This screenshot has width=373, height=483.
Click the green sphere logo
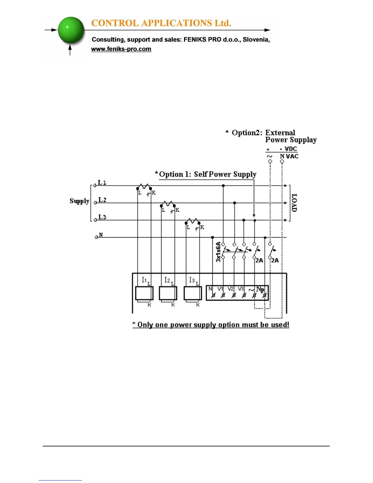tap(71, 30)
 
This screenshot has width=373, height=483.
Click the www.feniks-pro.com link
tap(121, 49)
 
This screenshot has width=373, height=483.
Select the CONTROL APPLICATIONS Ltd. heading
tap(161, 23)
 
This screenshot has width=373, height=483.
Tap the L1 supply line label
tap(102, 183)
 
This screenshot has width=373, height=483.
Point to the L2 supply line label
tap(102, 200)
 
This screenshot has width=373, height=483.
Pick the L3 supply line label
tap(102, 217)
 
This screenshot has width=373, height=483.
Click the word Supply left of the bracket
tap(79, 201)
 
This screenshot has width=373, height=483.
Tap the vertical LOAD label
tap(294, 203)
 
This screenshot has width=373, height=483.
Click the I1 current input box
tap(144, 293)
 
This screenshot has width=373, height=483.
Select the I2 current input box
tap(168, 293)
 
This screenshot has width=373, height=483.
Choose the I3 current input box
tap(193, 293)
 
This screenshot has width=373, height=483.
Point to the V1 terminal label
tap(220, 289)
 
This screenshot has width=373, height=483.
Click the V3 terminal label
tap(241, 289)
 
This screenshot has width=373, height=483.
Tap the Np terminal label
tap(260, 289)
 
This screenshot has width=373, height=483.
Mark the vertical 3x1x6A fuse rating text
tap(218, 252)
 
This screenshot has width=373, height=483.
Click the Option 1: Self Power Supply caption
tap(208, 174)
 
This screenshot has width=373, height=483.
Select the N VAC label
tap(289, 156)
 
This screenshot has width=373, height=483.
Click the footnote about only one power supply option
tap(211, 325)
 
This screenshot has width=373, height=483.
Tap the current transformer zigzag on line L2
tap(168, 203)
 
